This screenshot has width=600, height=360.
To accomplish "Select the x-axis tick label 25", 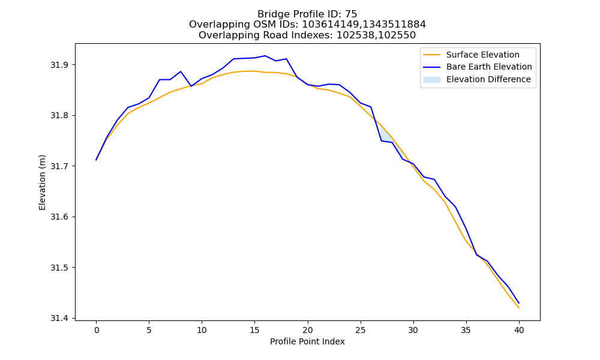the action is [361, 330].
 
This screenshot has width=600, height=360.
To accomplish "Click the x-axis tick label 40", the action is [519, 330].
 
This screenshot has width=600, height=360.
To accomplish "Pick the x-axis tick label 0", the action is [97, 330].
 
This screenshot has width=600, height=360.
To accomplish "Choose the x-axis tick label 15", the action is [254, 330].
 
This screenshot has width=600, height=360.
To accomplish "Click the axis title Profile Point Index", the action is [307, 341].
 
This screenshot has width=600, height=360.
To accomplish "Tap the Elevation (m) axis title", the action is [42, 182].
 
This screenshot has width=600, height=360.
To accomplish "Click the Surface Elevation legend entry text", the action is [482, 55].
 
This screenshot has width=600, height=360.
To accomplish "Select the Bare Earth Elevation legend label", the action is [489, 67].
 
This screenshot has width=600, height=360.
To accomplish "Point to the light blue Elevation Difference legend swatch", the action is [431, 80].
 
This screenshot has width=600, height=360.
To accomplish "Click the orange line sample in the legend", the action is [431, 55].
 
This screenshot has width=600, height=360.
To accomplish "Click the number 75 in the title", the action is [351, 14].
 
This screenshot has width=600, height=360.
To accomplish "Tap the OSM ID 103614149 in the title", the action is [331, 25].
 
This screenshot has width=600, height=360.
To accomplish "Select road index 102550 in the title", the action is [395, 35].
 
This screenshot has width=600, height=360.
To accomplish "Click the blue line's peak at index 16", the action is [265, 56].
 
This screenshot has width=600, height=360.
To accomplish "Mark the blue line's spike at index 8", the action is [181, 71].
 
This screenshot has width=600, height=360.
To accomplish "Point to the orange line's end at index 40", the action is [519, 308].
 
